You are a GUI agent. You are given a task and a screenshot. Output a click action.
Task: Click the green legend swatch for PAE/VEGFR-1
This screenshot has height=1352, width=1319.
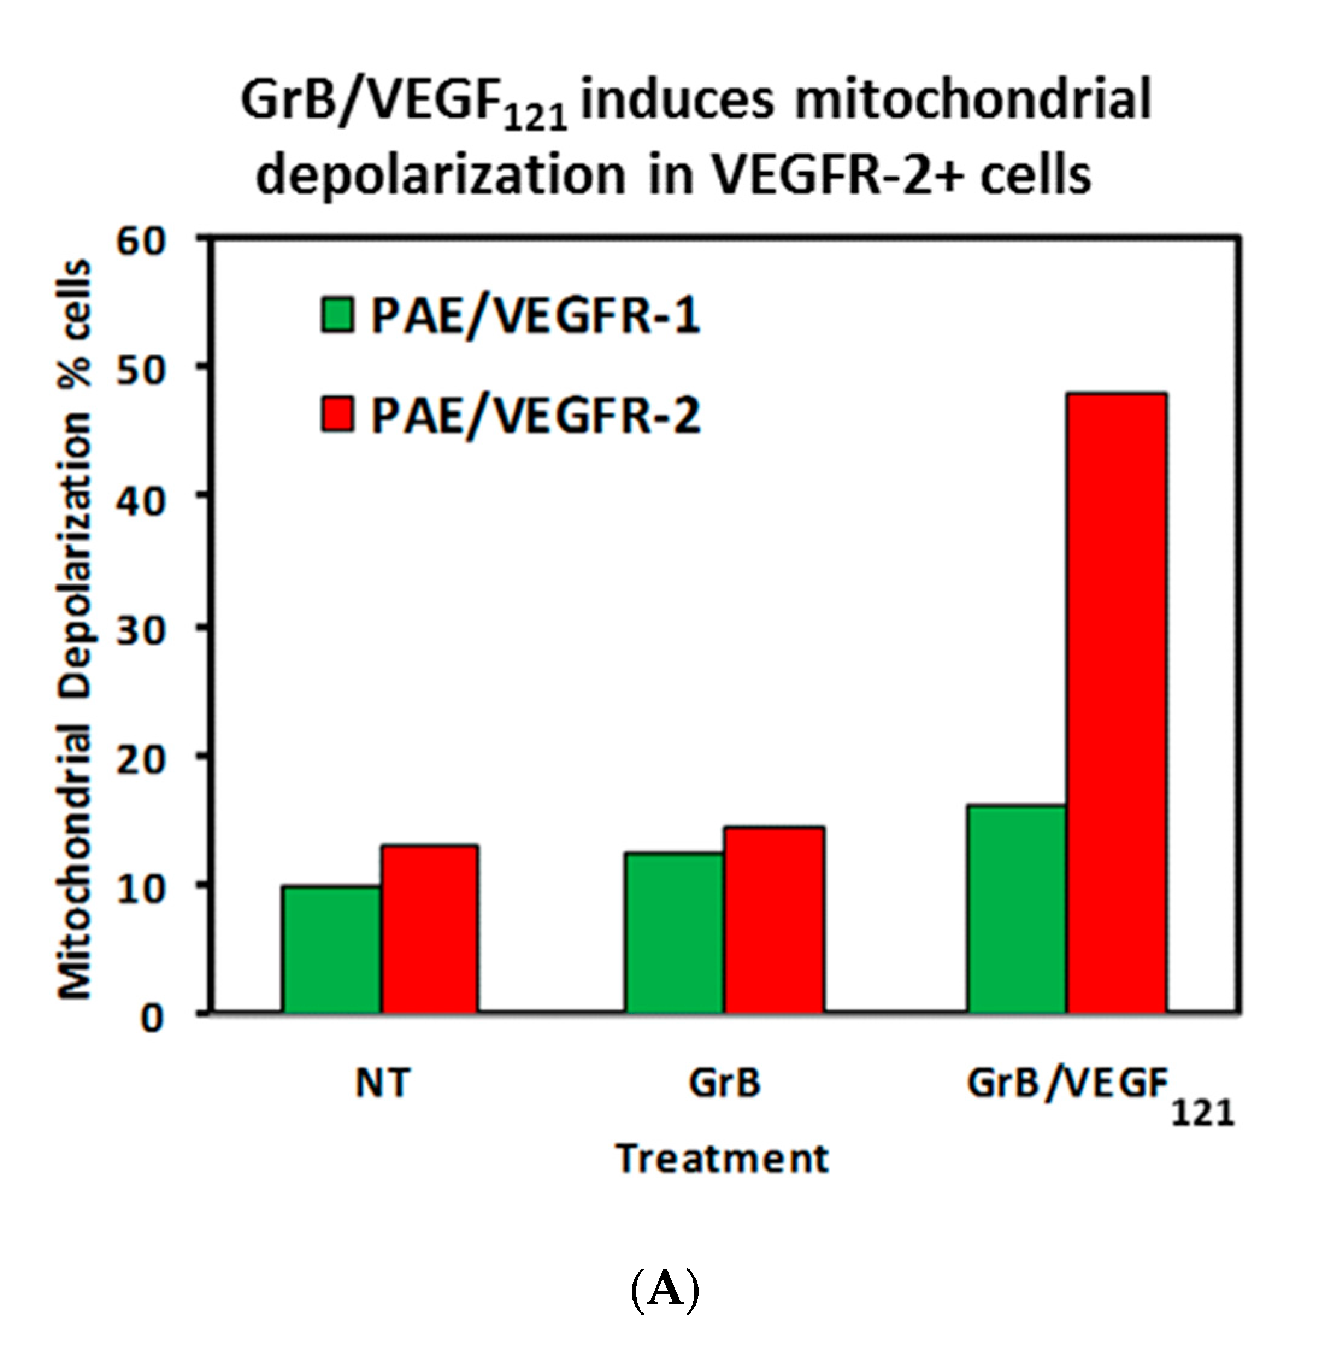[337, 315]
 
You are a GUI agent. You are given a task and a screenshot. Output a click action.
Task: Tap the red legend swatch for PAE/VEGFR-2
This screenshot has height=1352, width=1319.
[337, 415]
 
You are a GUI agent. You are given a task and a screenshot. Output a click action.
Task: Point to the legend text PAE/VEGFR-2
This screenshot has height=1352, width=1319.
[535, 416]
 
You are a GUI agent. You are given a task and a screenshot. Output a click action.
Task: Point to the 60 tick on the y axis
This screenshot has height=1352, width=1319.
[140, 242]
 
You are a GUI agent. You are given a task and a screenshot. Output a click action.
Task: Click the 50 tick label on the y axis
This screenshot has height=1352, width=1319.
[140, 371]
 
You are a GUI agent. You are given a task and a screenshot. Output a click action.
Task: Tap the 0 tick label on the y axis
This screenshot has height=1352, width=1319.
[152, 1019]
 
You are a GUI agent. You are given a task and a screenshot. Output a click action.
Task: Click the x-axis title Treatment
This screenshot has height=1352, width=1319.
[722, 1158]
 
